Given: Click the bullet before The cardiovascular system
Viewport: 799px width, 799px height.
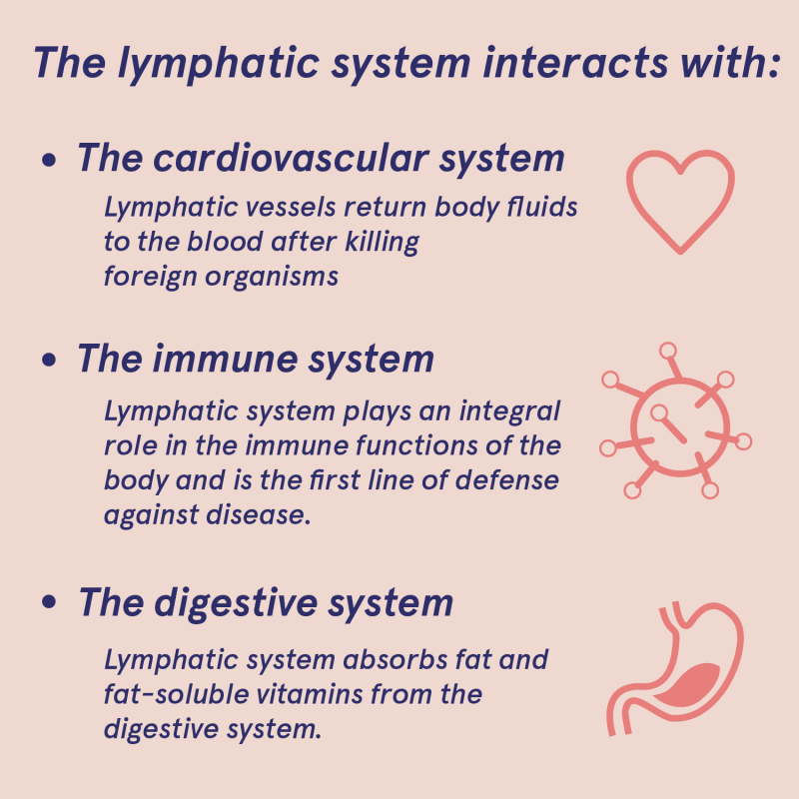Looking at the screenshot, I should coord(48,161).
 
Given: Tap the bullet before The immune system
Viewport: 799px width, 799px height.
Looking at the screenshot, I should coord(48,362).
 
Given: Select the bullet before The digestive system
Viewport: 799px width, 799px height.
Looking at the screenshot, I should coord(48,605).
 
